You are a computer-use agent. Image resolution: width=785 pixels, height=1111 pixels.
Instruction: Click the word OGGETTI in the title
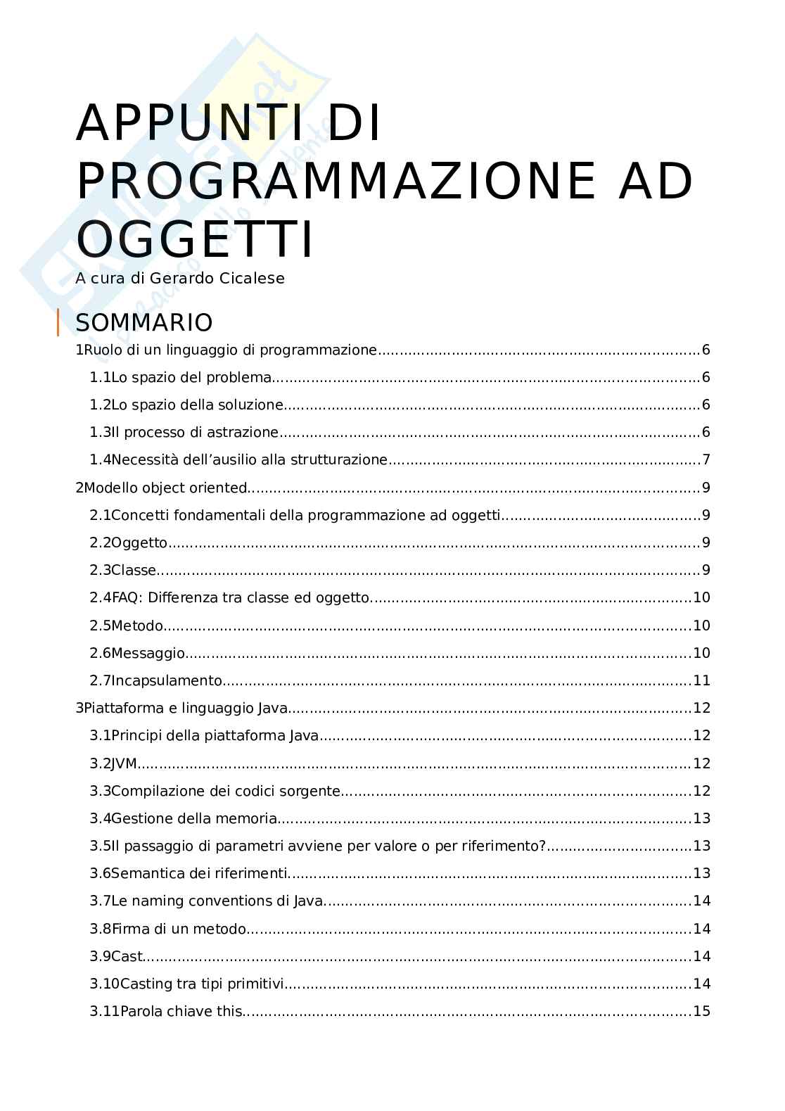pos(194,240)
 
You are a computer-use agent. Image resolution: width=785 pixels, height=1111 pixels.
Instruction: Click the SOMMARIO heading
pos(144,323)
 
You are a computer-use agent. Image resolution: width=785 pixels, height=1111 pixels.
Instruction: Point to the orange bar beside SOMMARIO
pos(58,322)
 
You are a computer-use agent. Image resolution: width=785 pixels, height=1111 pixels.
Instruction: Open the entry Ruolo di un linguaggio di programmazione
pos(230,350)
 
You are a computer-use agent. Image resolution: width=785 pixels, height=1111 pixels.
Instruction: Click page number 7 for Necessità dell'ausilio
pos(706,460)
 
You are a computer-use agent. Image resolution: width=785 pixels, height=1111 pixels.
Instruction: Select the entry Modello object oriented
pos(165,488)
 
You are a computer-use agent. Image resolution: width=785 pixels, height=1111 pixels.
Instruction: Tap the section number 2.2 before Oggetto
pos(100,542)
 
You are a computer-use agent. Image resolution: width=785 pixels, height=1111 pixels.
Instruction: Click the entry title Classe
pos(134,571)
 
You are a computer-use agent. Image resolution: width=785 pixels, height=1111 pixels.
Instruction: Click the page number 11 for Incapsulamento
pos(701,680)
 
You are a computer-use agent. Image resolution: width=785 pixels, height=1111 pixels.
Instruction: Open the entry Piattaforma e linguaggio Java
pos(185,708)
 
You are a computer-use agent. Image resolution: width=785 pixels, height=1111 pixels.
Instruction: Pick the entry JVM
pos(125,763)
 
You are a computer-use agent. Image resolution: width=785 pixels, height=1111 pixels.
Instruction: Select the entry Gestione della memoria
pos(194,818)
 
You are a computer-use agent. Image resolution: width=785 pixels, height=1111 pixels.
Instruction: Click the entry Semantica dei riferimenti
pos(200,873)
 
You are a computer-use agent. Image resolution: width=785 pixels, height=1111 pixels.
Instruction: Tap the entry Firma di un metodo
pos(179,929)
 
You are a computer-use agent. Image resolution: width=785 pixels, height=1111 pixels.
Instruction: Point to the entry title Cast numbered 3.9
pos(127,956)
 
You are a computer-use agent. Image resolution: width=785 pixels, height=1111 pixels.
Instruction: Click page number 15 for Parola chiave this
pos(701,1011)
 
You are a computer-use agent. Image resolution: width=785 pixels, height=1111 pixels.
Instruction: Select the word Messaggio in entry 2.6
pos(148,653)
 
